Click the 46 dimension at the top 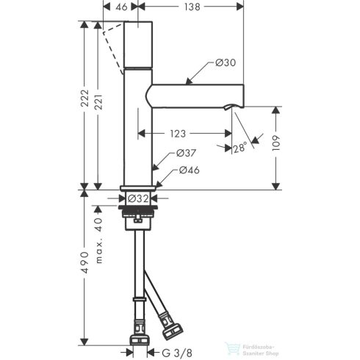click(121, 7)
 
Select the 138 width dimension click(192, 7)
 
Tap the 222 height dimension click(85, 98)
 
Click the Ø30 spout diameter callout click(226, 62)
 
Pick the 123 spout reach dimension click(178, 134)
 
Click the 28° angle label click(240, 148)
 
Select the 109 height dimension click(276, 143)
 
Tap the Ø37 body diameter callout click(186, 153)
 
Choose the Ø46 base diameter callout click(190, 170)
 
